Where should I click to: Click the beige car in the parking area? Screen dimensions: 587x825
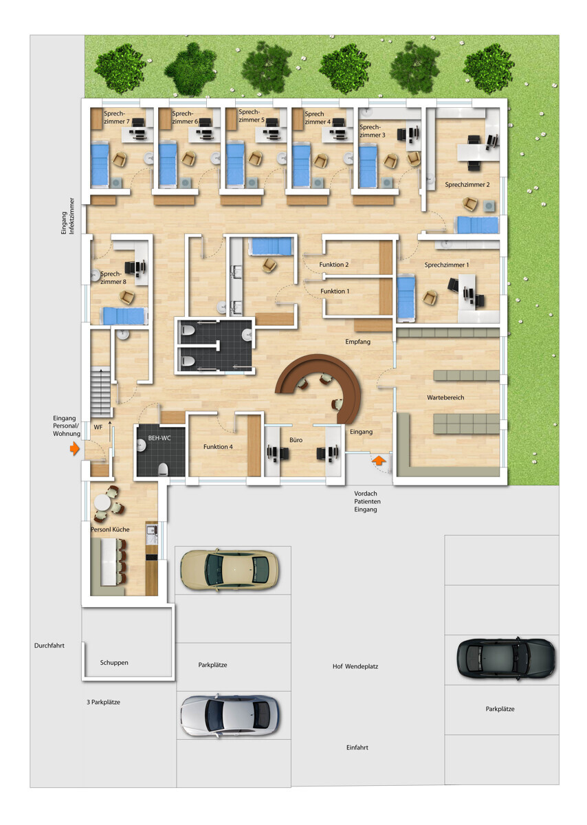pyautogui.click(x=230, y=570)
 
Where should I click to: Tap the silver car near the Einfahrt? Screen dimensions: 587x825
pyautogui.click(x=230, y=716)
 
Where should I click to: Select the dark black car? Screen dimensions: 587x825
pyautogui.click(x=506, y=658)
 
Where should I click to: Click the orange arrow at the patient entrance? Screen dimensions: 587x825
pyautogui.click(x=379, y=461)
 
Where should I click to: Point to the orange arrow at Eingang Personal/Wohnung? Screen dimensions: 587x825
pyautogui.click(x=75, y=448)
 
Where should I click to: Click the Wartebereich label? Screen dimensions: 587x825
pyautogui.click(x=445, y=397)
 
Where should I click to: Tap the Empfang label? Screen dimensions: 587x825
pyautogui.click(x=357, y=342)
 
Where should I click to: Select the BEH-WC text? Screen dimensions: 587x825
pyautogui.click(x=159, y=438)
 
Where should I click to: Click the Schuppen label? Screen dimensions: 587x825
pyautogui.click(x=114, y=663)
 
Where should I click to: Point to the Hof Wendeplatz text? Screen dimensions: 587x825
pyautogui.click(x=355, y=666)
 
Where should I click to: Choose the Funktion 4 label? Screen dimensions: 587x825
pyautogui.click(x=218, y=447)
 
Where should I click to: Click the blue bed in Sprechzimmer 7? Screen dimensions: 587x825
pyautogui.click(x=100, y=164)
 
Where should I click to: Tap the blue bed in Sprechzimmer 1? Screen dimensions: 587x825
pyautogui.click(x=406, y=297)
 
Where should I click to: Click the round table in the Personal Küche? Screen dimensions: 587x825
pyautogui.click(x=102, y=503)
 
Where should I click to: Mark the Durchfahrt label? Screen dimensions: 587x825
pyautogui.click(x=49, y=646)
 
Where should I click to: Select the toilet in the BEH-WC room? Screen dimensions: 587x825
pyautogui.click(x=163, y=469)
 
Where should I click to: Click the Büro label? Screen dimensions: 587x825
pyautogui.click(x=296, y=440)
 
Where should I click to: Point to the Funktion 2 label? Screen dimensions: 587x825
pyautogui.click(x=333, y=265)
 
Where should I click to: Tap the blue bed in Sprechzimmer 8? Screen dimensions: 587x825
pyautogui.click(x=124, y=316)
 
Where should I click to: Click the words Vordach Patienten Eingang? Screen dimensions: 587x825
pyautogui.click(x=366, y=501)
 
